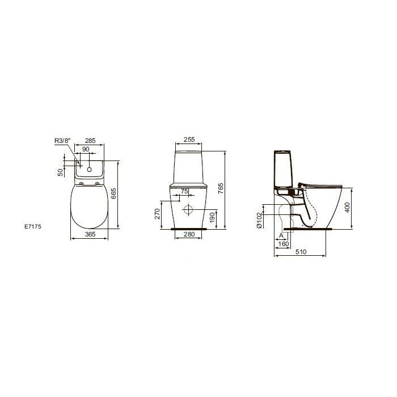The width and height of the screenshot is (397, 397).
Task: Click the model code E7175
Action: point(33,227)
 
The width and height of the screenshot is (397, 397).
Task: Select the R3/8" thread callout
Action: point(62,141)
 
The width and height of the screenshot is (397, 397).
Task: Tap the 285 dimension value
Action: point(90,141)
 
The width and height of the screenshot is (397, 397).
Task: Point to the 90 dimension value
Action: point(86,149)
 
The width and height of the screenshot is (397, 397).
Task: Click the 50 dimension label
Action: point(60,172)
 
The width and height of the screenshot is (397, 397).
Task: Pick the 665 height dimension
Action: point(113,193)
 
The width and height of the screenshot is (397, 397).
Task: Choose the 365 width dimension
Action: point(90,234)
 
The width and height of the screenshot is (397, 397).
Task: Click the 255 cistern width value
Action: point(189,140)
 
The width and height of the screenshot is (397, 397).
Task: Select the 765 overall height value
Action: point(221,188)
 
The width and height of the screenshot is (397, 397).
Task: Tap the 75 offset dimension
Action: point(184,191)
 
